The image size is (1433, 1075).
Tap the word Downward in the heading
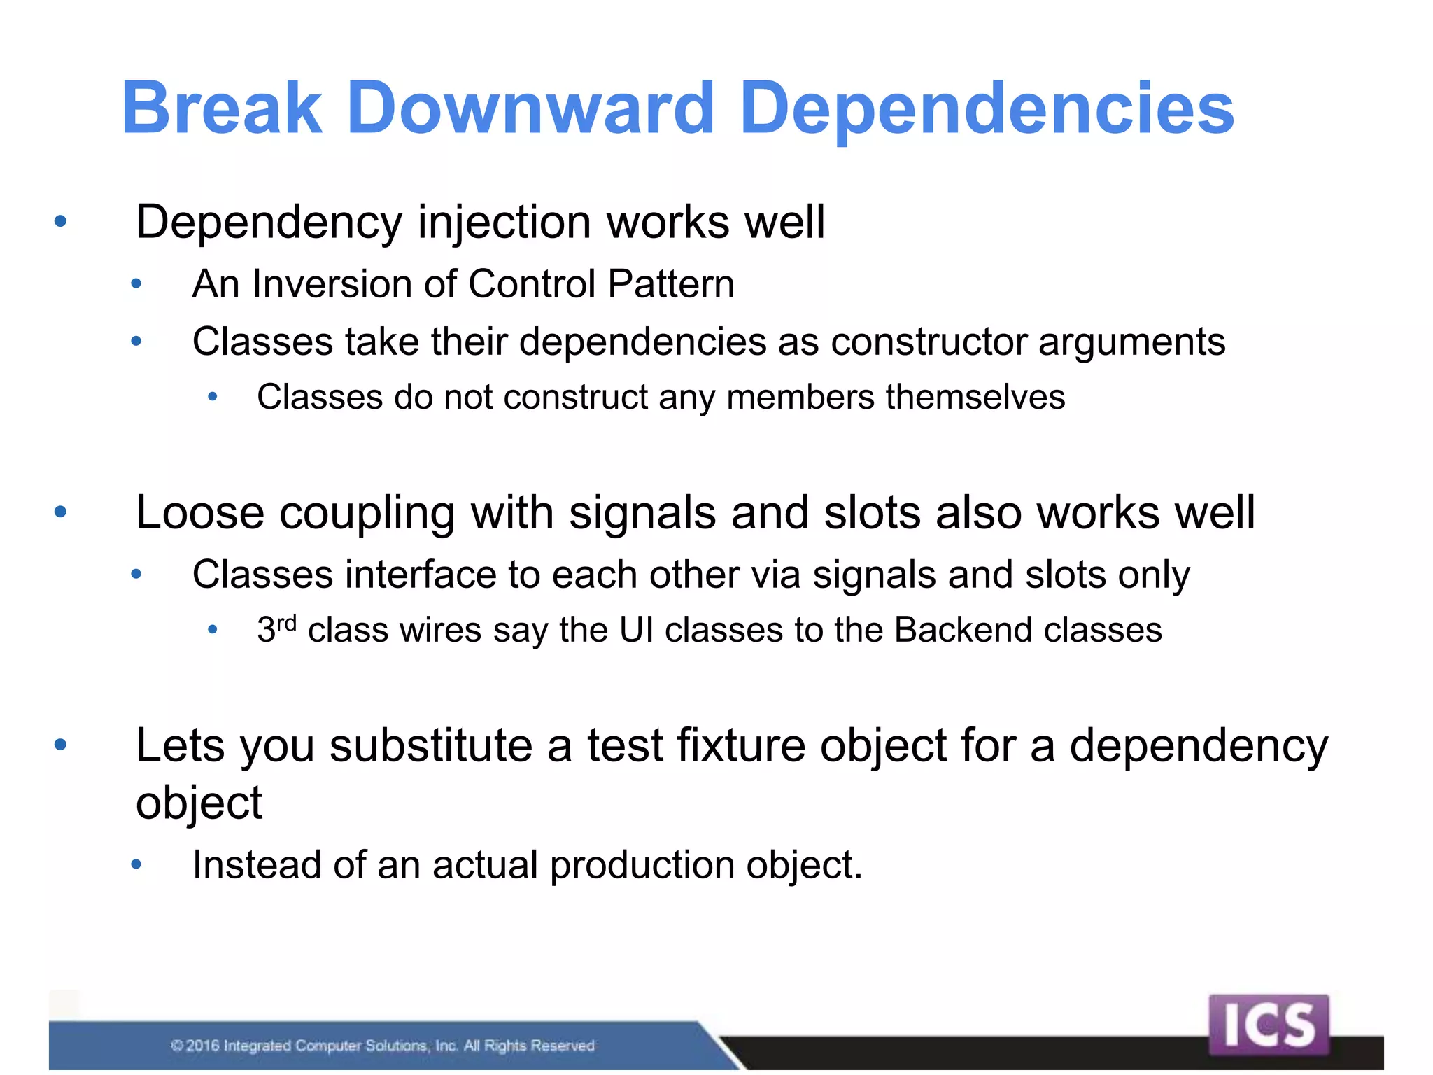coord(530,108)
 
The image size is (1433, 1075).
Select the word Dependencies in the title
coord(987,109)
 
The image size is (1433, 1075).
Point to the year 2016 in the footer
coord(203,1046)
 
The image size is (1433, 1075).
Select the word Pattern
coord(671,284)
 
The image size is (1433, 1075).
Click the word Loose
coord(200,513)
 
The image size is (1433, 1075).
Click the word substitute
coord(430,745)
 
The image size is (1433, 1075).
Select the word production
coord(642,866)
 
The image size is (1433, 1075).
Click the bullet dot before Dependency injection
coord(61,222)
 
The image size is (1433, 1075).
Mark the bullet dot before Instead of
coord(136,865)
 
